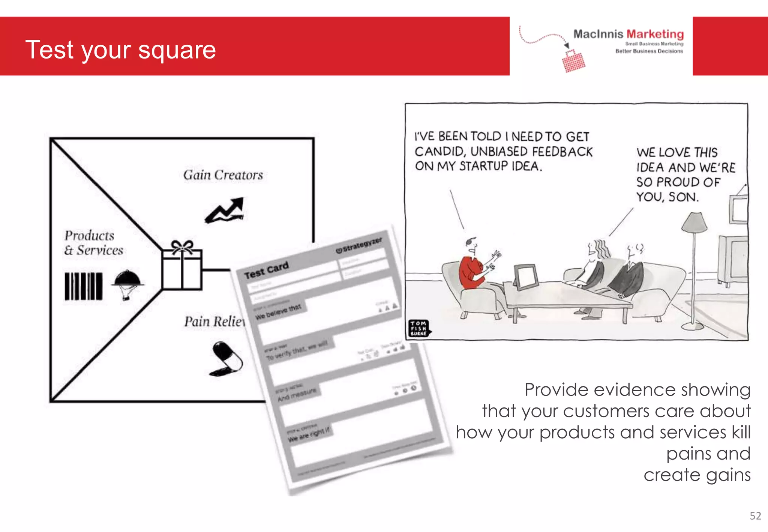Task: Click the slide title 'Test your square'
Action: (120, 50)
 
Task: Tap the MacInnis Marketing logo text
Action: (628, 34)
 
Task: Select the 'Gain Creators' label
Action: (223, 175)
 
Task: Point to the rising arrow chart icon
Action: (225, 210)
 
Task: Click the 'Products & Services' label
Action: (93, 243)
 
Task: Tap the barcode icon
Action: (83, 286)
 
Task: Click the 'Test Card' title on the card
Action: (266, 270)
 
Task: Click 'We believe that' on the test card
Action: (278, 312)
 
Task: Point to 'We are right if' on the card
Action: (309, 434)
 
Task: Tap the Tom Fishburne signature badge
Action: (418, 328)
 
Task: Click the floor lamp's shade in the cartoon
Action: (694, 222)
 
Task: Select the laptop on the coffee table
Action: (526, 277)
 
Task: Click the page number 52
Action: (755, 516)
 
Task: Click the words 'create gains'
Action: (697, 475)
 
